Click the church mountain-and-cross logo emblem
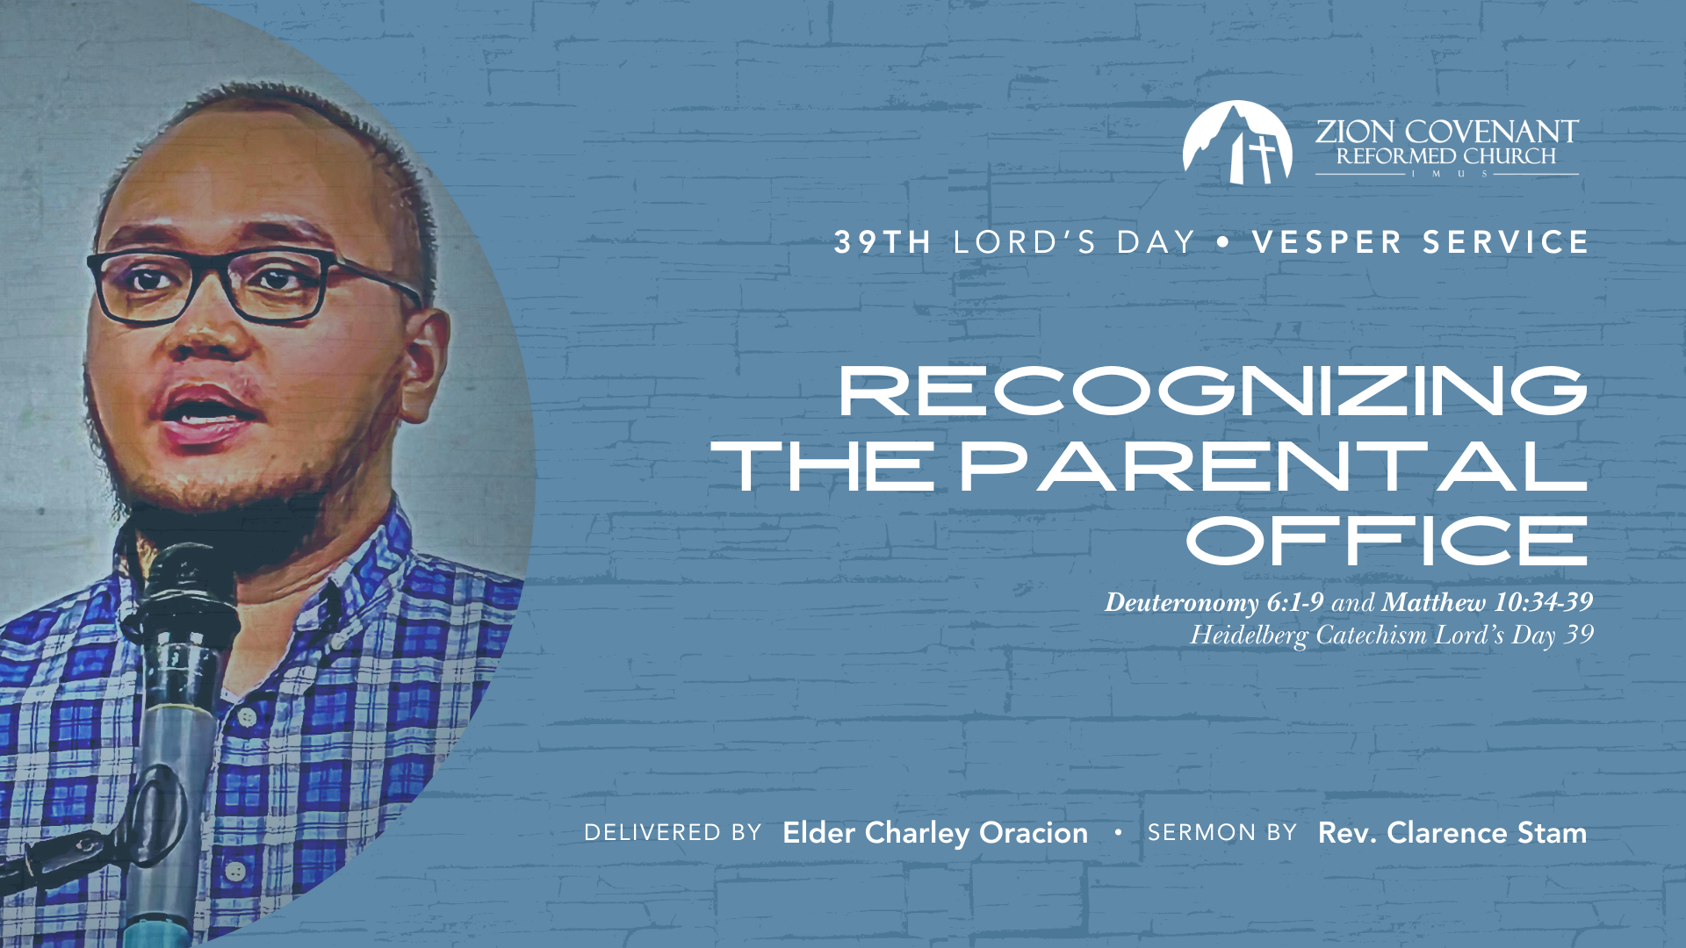pyautogui.click(x=1237, y=142)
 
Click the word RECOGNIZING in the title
pyautogui.click(x=1214, y=391)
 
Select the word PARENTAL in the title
pyautogui.click(x=1273, y=466)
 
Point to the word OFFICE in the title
pyautogui.click(x=1387, y=541)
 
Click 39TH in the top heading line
pyautogui.click(x=883, y=242)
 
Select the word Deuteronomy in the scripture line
pyautogui.click(x=1182, y=603)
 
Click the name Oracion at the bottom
pyautogui.click(x=1034, y=832)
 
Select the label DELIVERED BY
pyautogui.click(x=673, y=832)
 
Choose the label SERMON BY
pyautogui.click(x=1222, y=832)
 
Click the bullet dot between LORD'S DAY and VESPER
pyautogui.click(x=1223, y=242)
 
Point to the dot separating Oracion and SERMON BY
pyautogui.click(x=1118, y=830)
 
